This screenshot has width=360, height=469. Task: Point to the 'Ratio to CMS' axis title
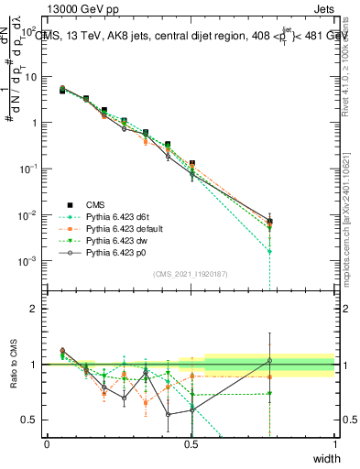click(12, 376)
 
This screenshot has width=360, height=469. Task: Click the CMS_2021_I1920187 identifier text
click(191, 273)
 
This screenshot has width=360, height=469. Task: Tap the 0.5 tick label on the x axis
click(191, 443)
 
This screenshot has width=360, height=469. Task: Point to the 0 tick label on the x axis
click(47, 443)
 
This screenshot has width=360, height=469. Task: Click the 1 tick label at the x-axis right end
click(335, 443)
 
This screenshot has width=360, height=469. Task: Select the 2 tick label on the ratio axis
click(35, 309)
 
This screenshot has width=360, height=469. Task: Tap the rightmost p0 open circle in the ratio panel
click(269, 360)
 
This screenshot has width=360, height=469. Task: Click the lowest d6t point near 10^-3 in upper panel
click(269, 251)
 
